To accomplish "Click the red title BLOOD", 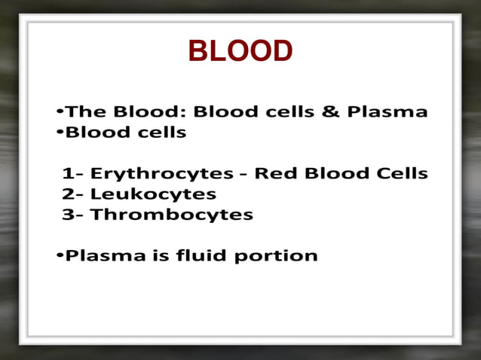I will point(240,52).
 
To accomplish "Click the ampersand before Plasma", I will point(331,113).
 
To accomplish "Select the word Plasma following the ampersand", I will point(387,113).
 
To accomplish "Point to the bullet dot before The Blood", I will point(60,114).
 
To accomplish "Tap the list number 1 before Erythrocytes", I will point(68,174).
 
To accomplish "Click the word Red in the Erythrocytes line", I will point(272,174).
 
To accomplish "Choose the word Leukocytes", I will point(153,194).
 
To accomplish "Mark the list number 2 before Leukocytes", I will point(68,194).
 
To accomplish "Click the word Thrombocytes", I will point(171,215).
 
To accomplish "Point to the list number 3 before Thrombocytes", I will point(68,215).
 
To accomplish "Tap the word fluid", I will point(201,256).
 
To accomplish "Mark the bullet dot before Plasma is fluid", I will point(60,257).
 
